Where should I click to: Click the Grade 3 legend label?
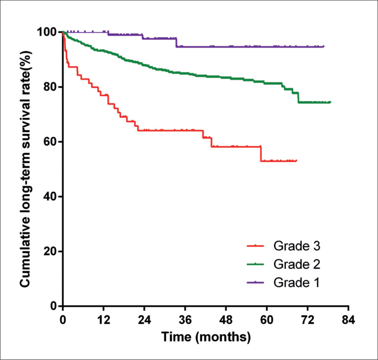297,246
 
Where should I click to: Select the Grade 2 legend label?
297,264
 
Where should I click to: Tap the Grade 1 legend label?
296,283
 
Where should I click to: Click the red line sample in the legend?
255,246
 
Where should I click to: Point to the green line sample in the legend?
255,264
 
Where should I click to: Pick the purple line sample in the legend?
255,283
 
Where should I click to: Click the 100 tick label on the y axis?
47,32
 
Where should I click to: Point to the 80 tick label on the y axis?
50,87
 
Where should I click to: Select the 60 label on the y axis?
50,141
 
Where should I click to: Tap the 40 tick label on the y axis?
50,196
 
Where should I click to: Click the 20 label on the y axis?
50,251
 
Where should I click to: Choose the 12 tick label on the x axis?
104,320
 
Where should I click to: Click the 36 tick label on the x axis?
185,320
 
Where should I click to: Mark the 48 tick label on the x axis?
226,320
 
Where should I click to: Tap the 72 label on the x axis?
307,320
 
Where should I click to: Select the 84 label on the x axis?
348,320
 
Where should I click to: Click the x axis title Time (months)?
206,337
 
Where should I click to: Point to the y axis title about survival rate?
25,169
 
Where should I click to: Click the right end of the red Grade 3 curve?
297,160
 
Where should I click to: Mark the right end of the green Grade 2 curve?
331,102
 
